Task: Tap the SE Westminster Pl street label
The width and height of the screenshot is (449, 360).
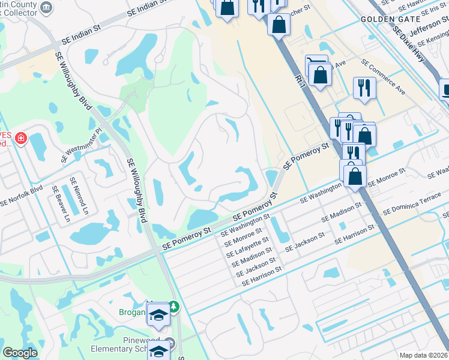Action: pyautogui.click(x=82, y=146)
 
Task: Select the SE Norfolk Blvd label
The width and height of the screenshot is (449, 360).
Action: pyautogui.click(x=22, y=196)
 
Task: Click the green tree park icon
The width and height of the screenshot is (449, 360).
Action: pyautogui.click(x=174, y=307)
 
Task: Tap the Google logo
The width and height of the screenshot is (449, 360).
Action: pyautogui.click(x=20, y=352)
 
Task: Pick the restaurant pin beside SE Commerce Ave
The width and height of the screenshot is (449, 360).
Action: pyautogui.click(x=364, y=88)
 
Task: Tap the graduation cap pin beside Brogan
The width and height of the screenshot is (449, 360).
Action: pyautogui.click(x=158, y=314)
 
